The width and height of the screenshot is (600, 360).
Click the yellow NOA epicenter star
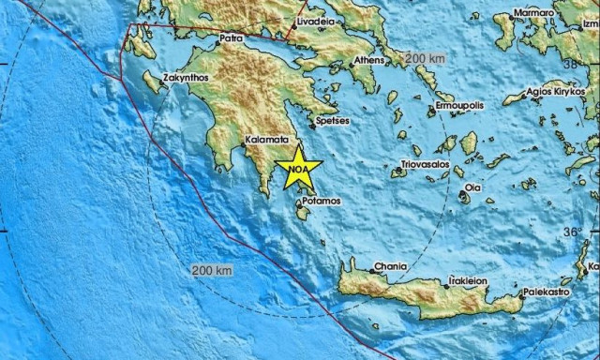pos(299,168)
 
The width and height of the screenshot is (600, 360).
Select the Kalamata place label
pos(265,139)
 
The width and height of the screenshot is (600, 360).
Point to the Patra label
pos(230,39)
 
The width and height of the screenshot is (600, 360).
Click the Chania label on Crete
pos(391,266)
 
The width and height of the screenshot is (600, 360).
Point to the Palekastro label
pos(547,292)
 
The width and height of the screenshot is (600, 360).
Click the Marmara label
pos(533,13)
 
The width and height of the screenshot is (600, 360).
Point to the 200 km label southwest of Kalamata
pos(210,271)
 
